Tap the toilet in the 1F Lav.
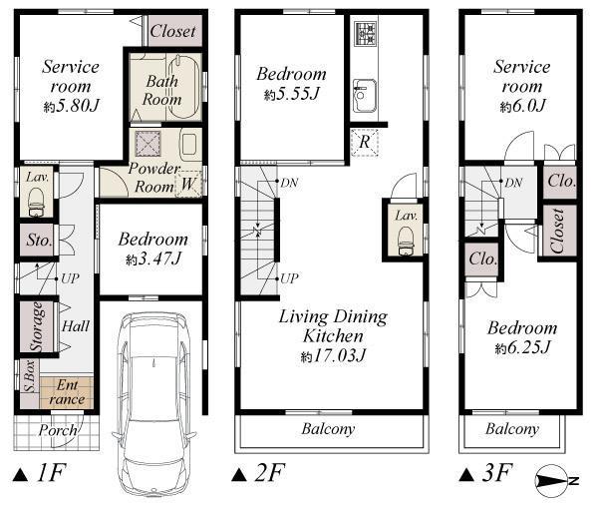click(x=37, y=205)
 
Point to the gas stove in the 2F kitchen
click(x=363, y=37)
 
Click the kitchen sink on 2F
click(x=363, y=97)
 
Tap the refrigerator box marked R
click(x=365, y=143)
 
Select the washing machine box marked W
click(x=189, y=183)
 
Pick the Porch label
click(x=57, y=431)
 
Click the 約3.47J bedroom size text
click(x=152, y=259)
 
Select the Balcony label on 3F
click(x=512, y=429)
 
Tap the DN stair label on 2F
click(x=288, y=183)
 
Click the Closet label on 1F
click(x=172, y=31)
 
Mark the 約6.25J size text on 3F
click(x=521, y=347)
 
